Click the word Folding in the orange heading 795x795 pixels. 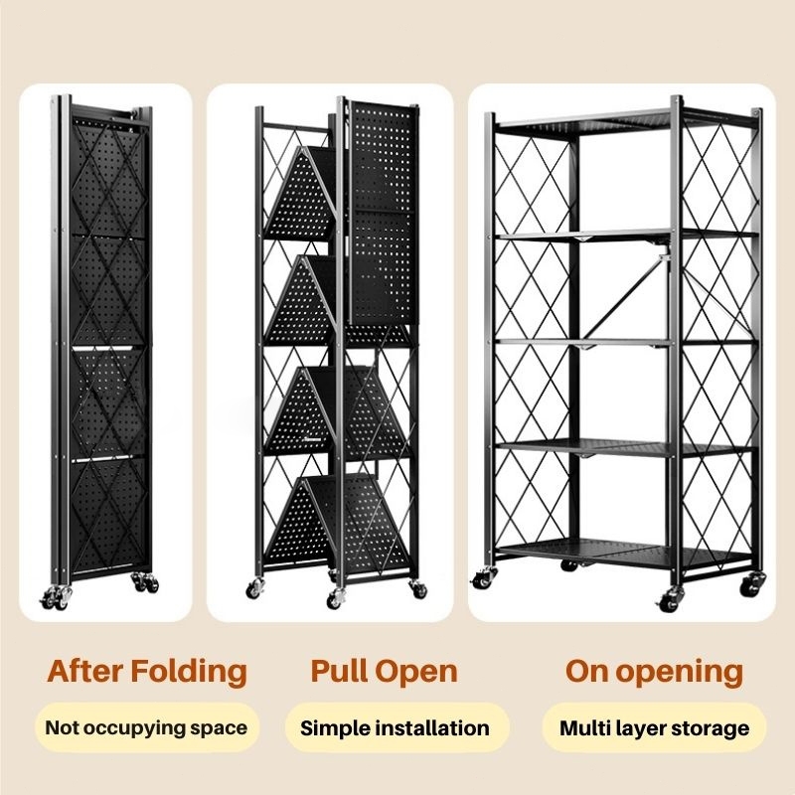coord(189,672)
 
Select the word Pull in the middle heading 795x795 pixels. coord(340,671)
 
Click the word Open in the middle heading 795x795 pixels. coord(416,673)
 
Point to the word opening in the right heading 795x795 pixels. coord(679,673)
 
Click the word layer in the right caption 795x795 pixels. coord(641,729)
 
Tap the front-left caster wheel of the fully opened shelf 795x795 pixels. coord(483,578)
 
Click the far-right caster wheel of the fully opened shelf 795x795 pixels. coord(751,584)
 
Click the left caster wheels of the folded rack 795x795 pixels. coord(55,597)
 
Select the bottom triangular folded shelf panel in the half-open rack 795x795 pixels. coord(337,523)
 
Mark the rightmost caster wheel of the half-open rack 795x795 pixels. coord(418,588)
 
